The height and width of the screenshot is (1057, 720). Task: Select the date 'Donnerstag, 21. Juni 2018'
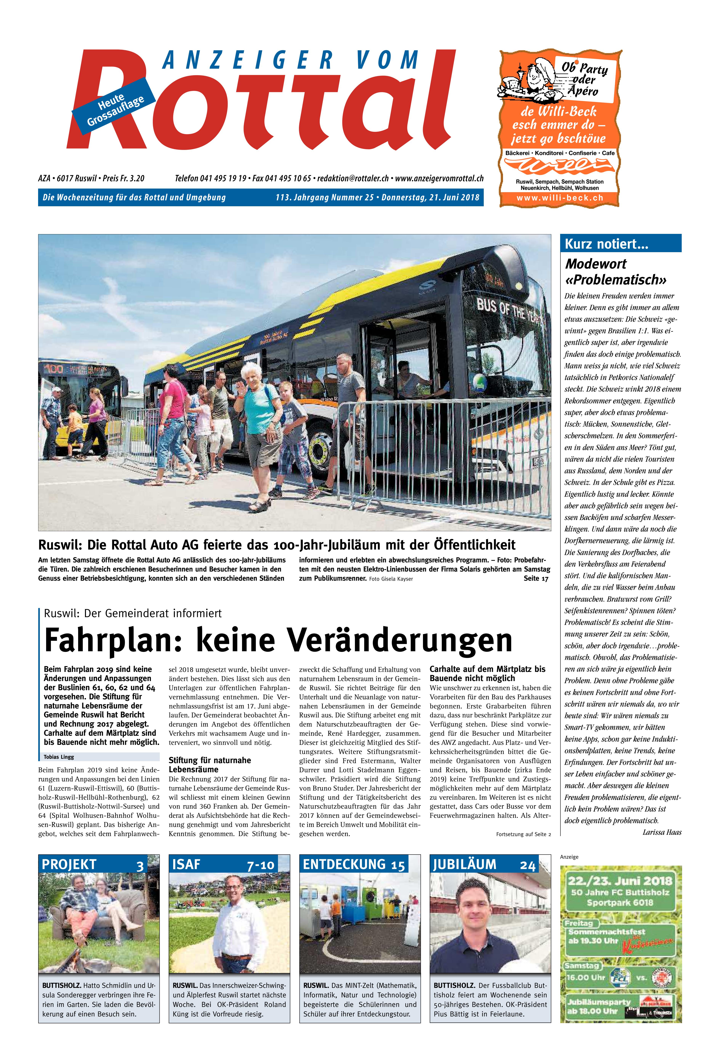tap(430, 197)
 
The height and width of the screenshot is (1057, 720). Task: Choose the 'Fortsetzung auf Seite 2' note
tap(523, 834)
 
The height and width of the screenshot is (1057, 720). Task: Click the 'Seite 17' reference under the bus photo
tap(536, 579)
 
